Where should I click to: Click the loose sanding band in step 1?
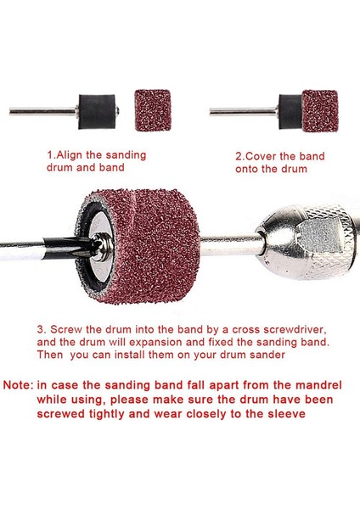click(x=153, y=110)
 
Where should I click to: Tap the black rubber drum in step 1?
click(x=97, y=112)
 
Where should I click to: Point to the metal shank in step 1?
click(x=43, y=111)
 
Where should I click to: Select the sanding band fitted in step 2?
click(x=320, y=110)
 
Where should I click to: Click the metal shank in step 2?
click(x=244, y=112)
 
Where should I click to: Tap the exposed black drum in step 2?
click(x=290, y=112)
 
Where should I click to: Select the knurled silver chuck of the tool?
click(x=309, y=241)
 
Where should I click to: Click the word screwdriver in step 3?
click(x=294, y=330)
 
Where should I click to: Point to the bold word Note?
click(x=18, y=385)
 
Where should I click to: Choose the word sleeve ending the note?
click(x=287, y=414)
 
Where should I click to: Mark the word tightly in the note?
click(x=106, y=415)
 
